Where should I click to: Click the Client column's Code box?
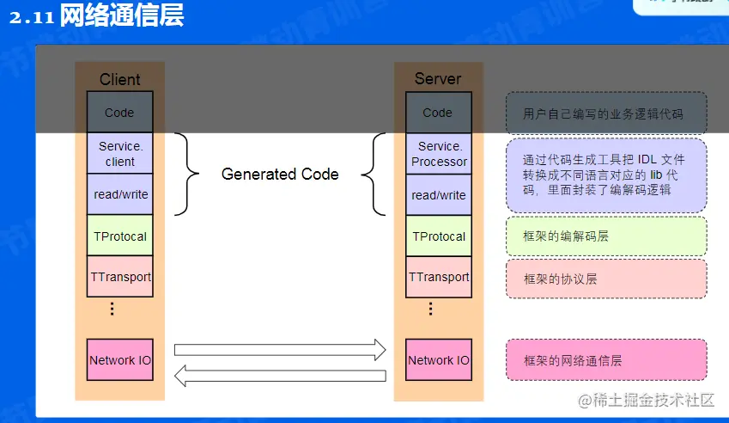pos(120,113)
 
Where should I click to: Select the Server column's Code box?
pos(438,113)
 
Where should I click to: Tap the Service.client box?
pos(120,154)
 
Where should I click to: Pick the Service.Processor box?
pos(439,154)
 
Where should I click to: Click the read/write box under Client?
pos(120,195)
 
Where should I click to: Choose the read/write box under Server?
pos(439,196)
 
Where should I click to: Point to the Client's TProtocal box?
pos(120,236)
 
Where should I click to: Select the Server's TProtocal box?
pos(439,236)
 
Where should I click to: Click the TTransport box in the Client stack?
pos(120,277)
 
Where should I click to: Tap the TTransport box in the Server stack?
pos(439,277)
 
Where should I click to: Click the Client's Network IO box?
pos(120,360)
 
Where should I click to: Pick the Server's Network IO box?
pos(439,360)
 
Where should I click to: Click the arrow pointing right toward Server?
pos(280,349)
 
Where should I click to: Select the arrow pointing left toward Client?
pos(280,375)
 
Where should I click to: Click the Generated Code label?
pos(280,175)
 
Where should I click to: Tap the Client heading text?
pos(120,79)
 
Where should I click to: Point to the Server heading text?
pos(438,78)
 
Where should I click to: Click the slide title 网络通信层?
pos(121,16)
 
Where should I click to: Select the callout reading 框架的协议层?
pos(606,279)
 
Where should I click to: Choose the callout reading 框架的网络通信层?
pos(606,360)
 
